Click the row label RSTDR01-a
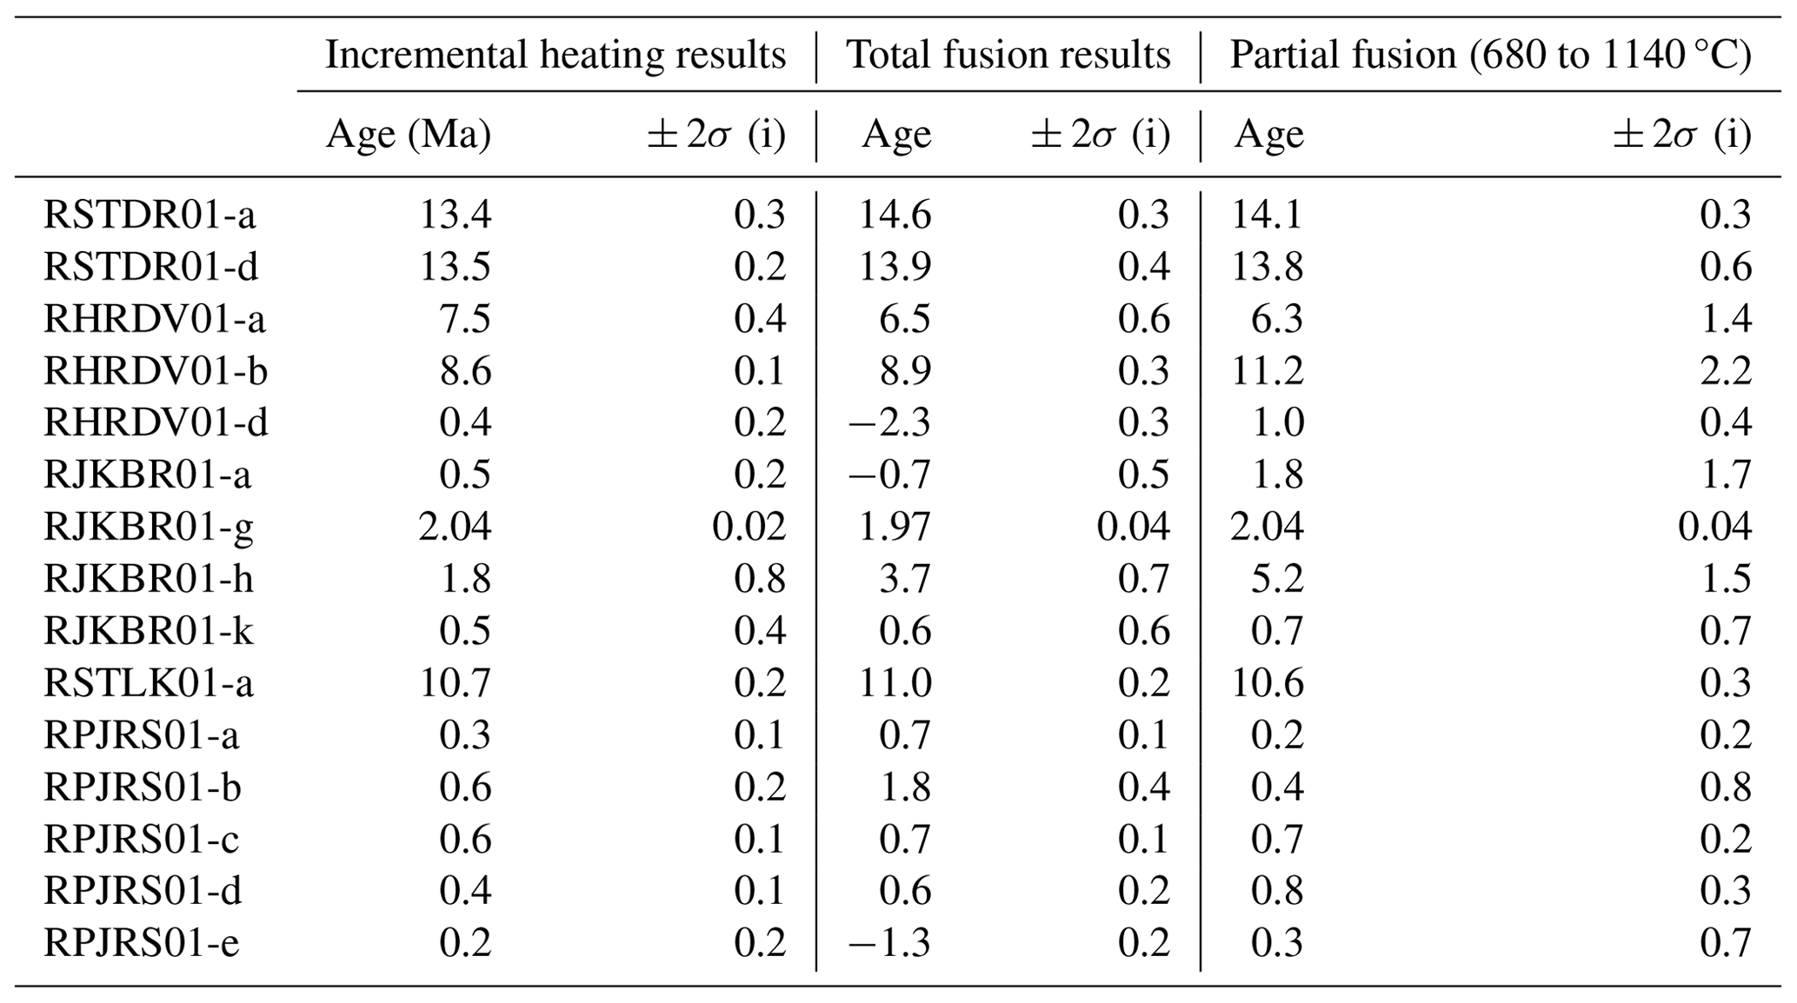click(x=150, y=215)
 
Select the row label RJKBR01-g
click(x=149, y=527)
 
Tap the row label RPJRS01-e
click(x=141, y=943)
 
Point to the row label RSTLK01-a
click(x=149, y=683)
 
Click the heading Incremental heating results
click(x=556, y=55)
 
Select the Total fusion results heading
click(x=1008, y=55)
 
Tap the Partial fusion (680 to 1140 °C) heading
click(x=1490, y=55)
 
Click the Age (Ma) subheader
click(x=408, y=135)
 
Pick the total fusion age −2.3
click(x=889, y=422)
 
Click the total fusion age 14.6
click(x=895, y=215)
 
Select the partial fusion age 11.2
click(x=1267, y=371)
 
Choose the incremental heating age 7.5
click(x=465, y=319)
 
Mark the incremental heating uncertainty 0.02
click(x=749, y=527)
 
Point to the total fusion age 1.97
click(x=895, y=527)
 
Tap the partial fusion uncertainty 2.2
click(x=1725, y=371)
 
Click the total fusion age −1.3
click(x=889, y=943)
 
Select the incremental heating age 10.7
click(x=456, y=683)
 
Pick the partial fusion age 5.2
click(x=1276, y=579)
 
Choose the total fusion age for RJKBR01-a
click(x=889, y=475)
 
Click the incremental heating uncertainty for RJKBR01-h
click(x=760, y=579)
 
